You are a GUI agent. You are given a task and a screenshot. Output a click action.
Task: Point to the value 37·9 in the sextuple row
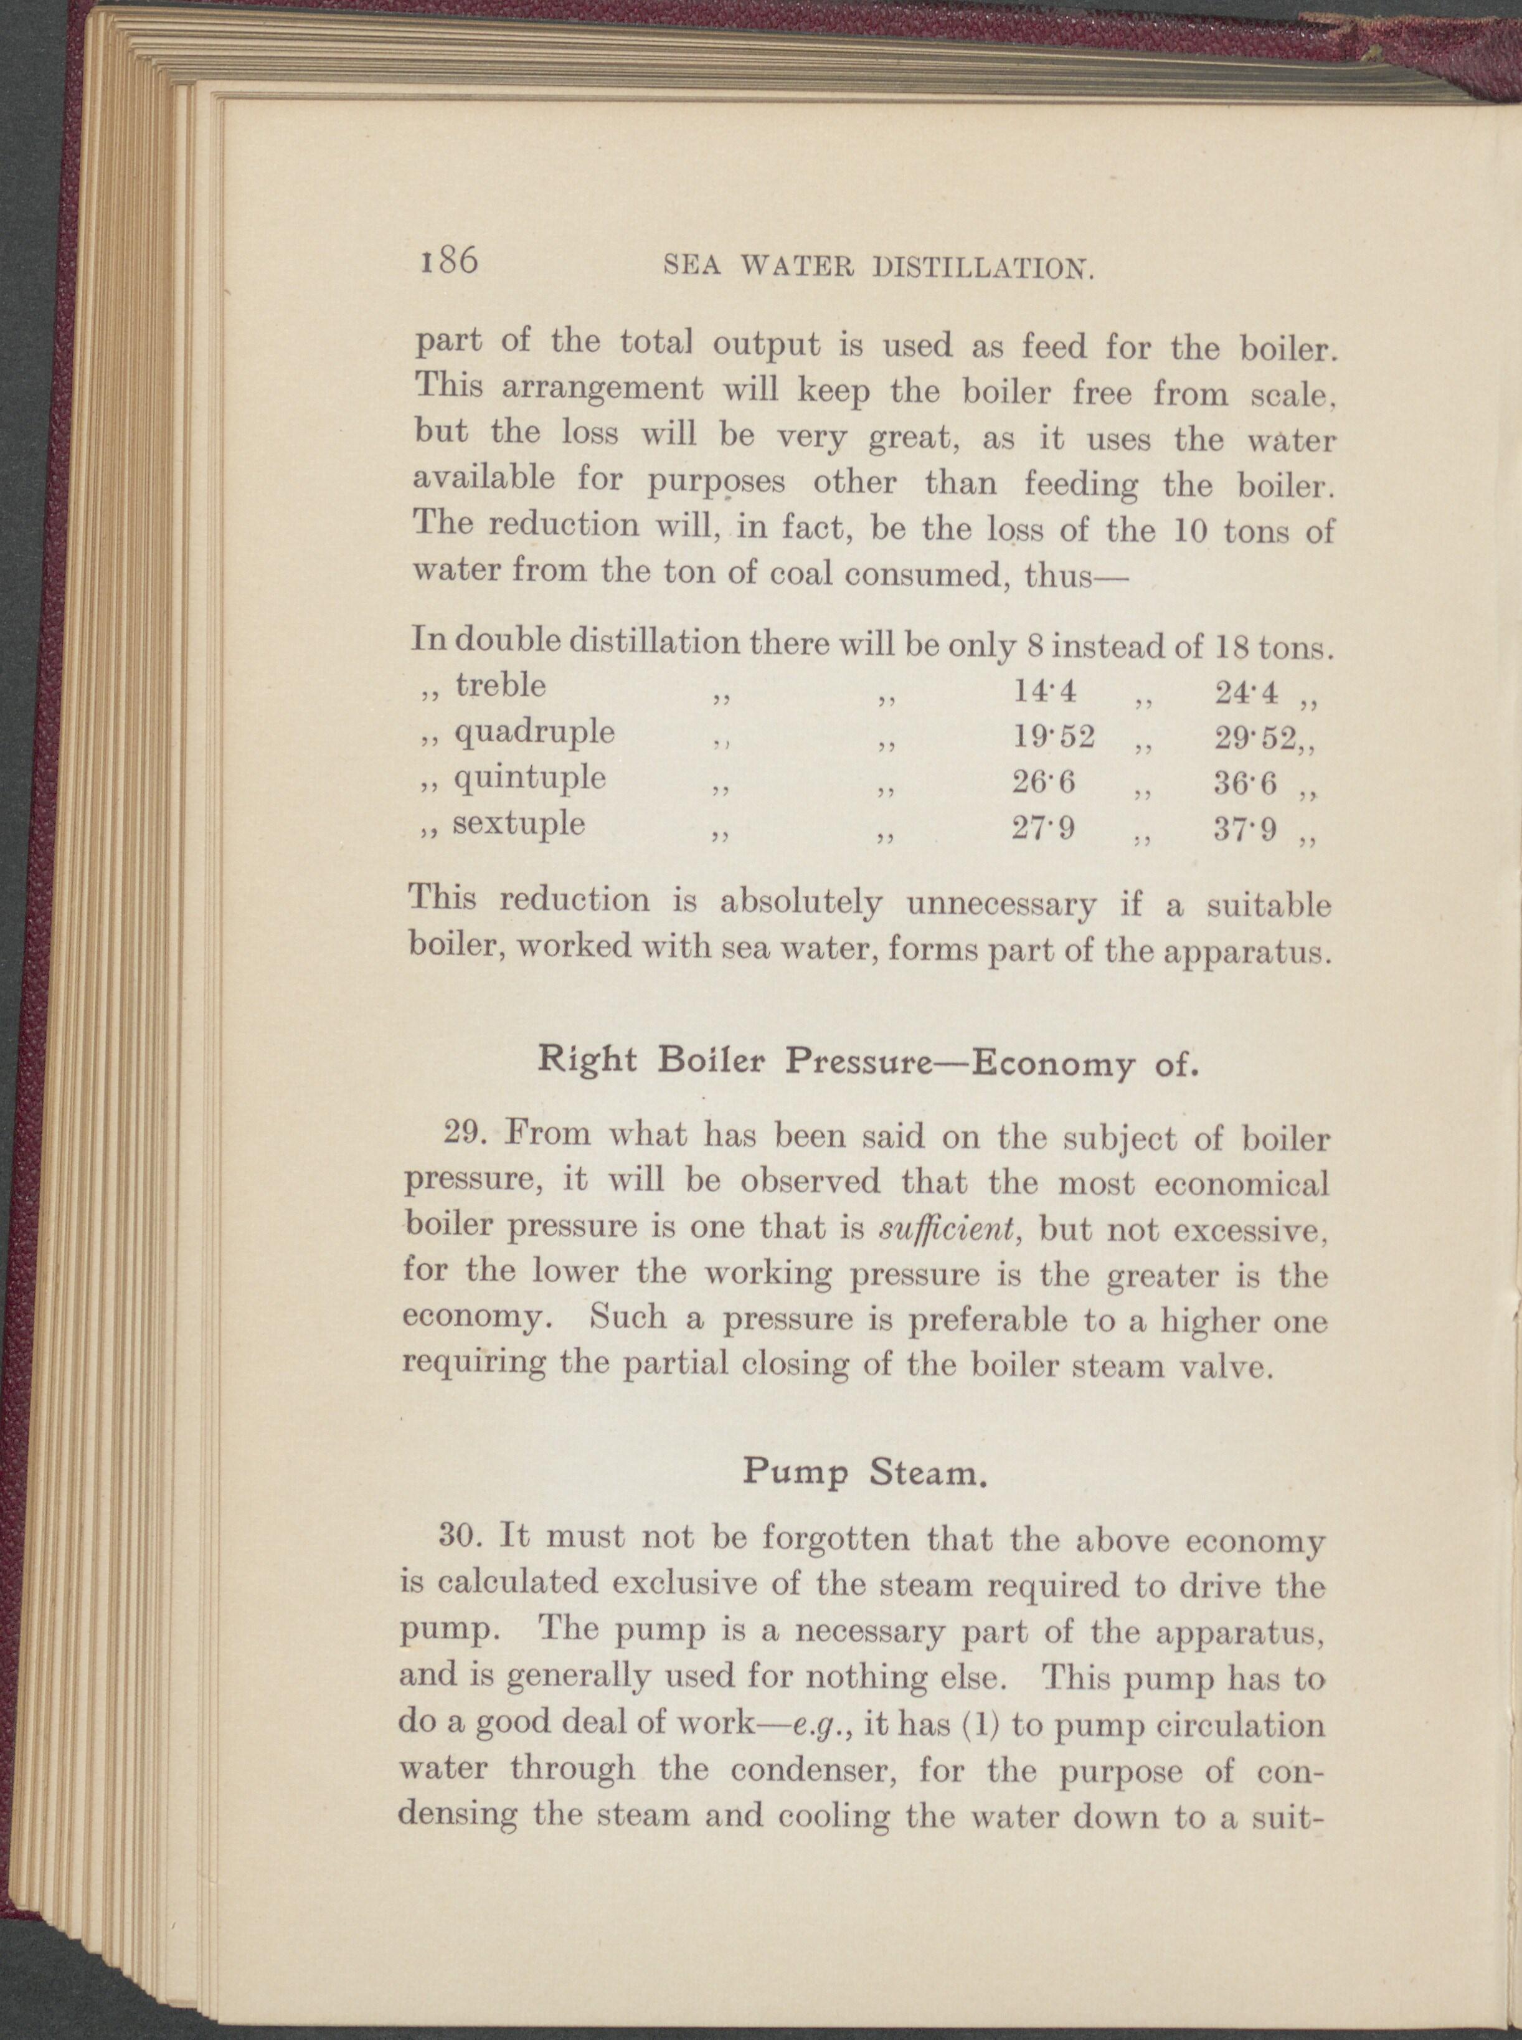(1245, 831)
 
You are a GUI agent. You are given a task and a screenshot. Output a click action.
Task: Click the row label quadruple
(534, 733)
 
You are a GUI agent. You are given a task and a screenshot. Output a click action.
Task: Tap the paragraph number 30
(458, 1537)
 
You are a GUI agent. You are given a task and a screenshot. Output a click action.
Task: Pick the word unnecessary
(1001, 904)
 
